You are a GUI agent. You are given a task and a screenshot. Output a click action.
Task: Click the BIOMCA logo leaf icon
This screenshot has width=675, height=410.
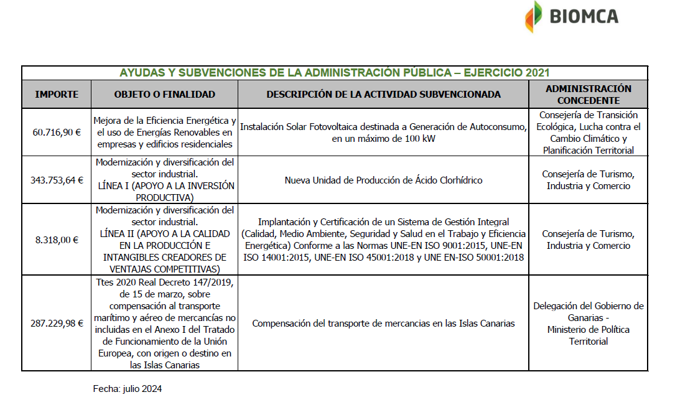[x=533, y=16]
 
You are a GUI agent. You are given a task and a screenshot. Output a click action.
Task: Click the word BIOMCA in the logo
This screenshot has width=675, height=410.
[x=584, y=16]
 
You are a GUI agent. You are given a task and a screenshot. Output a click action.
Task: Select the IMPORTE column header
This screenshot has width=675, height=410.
[x=57, y=95]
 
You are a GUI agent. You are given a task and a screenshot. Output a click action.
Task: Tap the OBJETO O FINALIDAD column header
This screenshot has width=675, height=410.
[x=164, y=95]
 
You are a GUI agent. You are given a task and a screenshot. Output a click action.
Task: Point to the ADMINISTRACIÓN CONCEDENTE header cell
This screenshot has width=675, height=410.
[x=588, y=95]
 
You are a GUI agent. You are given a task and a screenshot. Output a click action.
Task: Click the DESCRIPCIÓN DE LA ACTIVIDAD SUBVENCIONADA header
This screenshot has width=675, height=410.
[x=383, y=95]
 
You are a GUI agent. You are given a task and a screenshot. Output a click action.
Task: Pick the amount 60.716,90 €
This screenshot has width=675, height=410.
[x=57, y=132]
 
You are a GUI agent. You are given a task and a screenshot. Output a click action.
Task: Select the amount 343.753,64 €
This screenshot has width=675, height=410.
[x=57, y=180]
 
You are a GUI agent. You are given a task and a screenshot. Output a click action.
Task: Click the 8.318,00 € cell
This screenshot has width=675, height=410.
[x=57, y=240]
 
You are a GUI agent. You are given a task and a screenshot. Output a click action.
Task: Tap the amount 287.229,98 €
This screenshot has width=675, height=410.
[x=57, y=323]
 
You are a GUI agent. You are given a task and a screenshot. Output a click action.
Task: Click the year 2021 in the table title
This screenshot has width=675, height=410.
[x=538, y=73]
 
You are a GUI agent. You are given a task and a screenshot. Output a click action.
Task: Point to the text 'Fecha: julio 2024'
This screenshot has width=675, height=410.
[x=128, y=389]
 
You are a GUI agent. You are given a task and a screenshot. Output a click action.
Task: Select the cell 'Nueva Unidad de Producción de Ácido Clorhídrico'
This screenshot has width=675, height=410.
[x=383, y=180]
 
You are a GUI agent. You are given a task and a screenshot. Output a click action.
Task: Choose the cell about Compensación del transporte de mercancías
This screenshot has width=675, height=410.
[x=383, y=324]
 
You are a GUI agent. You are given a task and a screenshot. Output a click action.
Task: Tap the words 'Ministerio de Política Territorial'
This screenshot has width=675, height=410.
[x=588, y=335]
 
